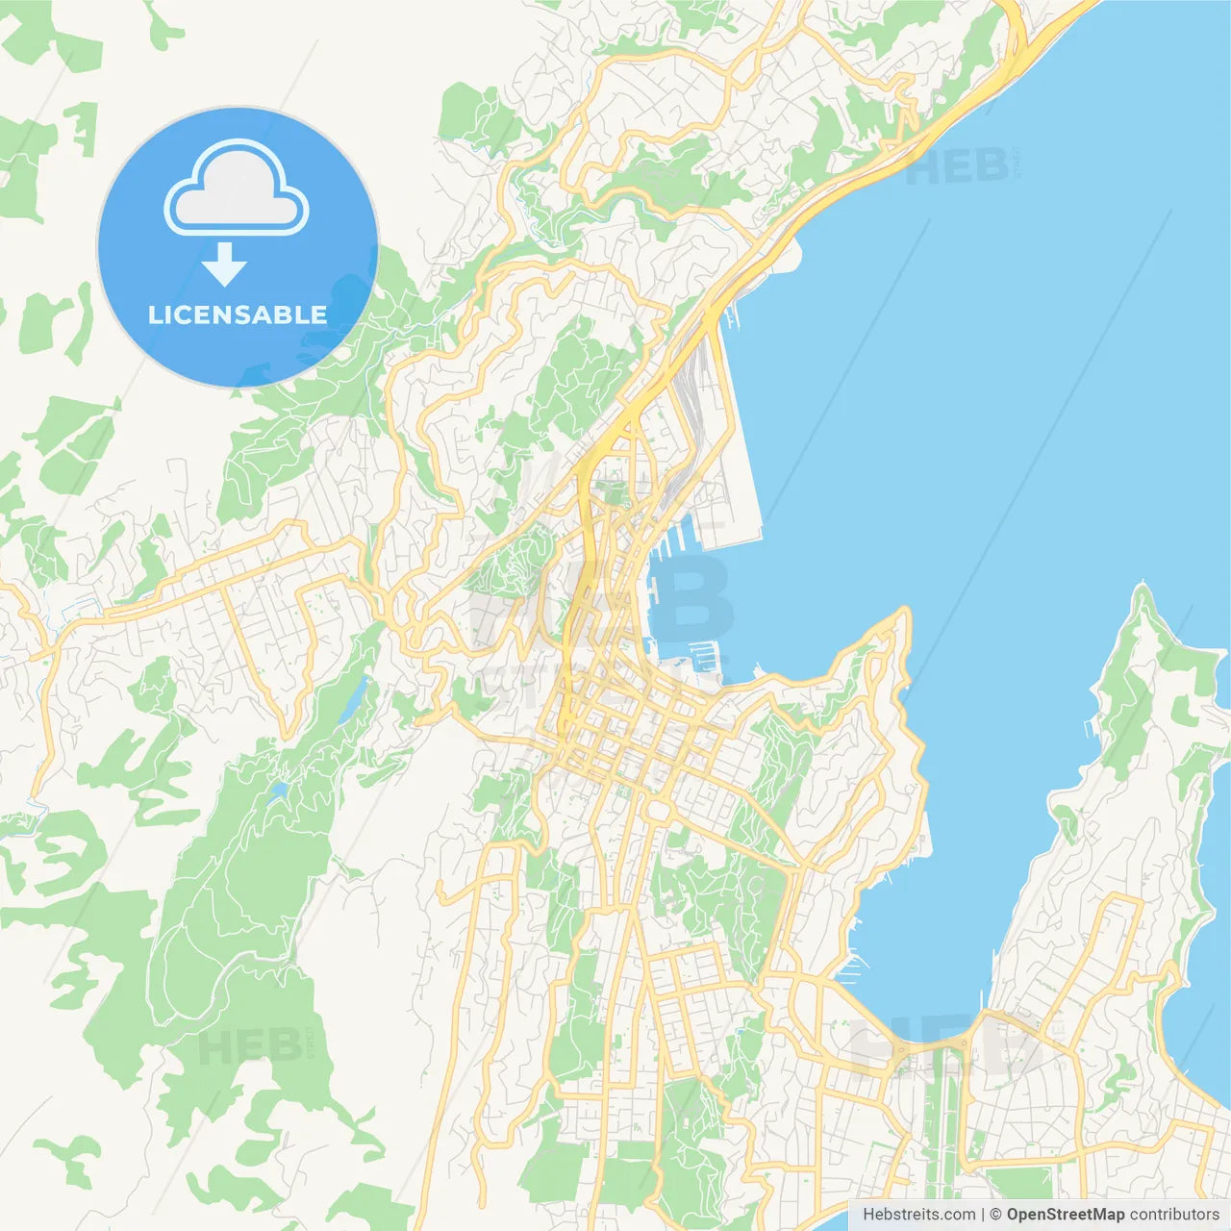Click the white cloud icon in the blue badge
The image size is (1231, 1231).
pos(237,188)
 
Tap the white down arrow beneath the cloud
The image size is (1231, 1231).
pos(225,264)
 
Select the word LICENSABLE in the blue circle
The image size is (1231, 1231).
pos(238,314)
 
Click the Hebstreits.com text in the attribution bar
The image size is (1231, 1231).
pos(918,1215)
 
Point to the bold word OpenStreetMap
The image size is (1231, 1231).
pos(1065,1215)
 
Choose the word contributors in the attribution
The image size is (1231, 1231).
pos(1173,1215)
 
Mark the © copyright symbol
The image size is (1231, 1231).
pos(995,1215)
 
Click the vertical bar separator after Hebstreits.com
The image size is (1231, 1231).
pos(983,1215)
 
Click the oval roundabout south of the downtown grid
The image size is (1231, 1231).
pos(659,811)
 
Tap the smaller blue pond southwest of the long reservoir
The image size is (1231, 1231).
pos(280,791)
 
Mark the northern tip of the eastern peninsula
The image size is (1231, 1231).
pos(1142,587)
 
